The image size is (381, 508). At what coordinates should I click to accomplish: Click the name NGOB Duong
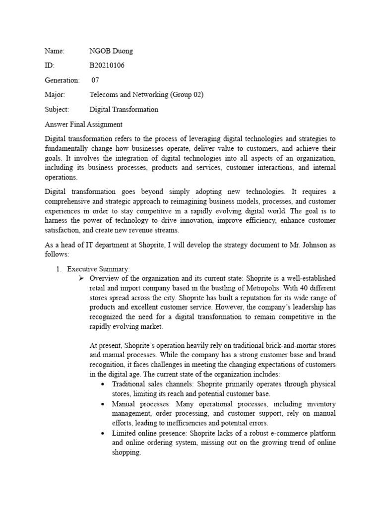click(111, 51)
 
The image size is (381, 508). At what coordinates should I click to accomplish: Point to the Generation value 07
click(95, 80)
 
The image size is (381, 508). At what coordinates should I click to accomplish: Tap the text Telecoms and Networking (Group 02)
click(146, 94)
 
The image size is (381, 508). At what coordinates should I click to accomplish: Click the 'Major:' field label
click(55, 94)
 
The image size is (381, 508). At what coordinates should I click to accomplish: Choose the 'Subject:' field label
click(57, 109)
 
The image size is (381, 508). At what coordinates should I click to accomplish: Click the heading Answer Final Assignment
click(83, 124)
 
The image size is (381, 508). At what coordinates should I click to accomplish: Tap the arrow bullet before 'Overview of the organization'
click(83, 278)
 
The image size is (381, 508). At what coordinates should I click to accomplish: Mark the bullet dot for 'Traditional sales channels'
click(103, 384)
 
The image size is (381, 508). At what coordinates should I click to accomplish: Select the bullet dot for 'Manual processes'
click(103, 404)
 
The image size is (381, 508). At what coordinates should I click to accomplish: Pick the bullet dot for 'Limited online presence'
click(103, 433)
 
